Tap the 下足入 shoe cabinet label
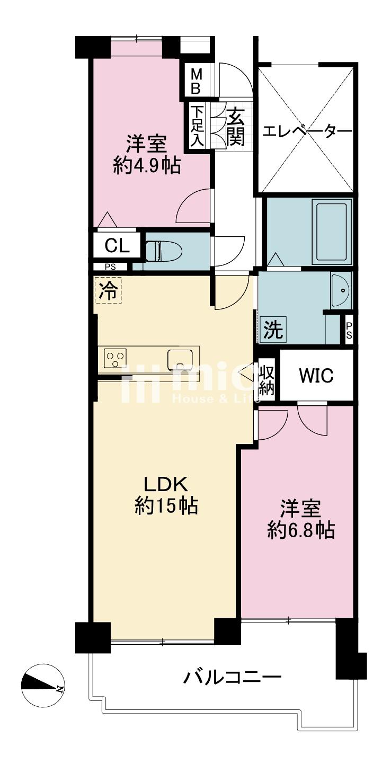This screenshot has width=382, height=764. point(197,126)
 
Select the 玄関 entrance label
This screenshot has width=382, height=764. point(235,127)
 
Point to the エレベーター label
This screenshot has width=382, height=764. point(307,131)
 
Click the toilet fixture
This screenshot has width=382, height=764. point(164,251)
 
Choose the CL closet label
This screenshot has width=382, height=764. point(117,246)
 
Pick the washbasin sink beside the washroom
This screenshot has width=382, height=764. point(340,290)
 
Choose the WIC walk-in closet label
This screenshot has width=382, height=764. point(316,376)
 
